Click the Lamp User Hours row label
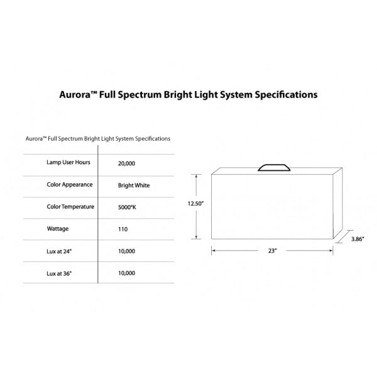(69, 162)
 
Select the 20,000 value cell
(126, 163)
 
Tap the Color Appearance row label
(70, 185)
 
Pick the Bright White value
(134, 185)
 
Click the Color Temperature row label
(70, 207)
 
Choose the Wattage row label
(57, 229)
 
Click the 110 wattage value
(123, 229)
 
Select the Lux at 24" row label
(60, 251)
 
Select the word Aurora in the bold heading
(73, 96)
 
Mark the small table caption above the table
(98, 138)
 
